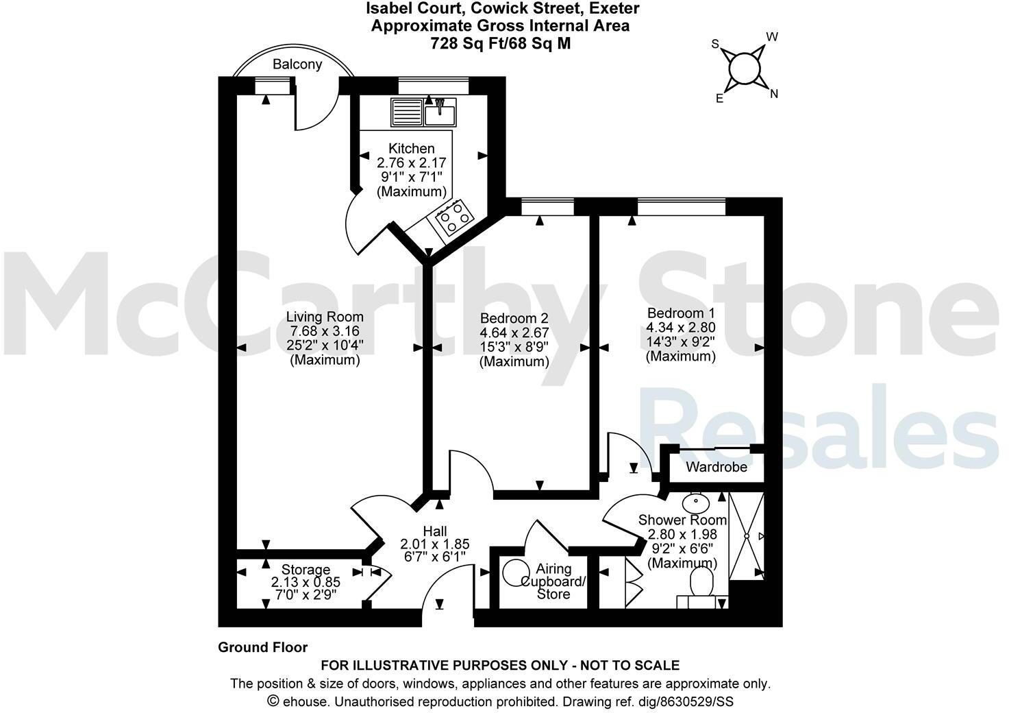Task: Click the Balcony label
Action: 297,64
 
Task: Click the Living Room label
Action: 325,317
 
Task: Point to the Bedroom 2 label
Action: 514,318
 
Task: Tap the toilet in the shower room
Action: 701,585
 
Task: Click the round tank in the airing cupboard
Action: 515,573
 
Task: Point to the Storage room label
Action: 306,570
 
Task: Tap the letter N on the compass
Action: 774,95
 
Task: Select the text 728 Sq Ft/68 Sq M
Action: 500,43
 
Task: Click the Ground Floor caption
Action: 262,647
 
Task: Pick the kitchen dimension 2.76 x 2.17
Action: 411,163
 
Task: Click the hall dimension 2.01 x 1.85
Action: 435,545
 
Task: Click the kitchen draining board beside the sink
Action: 407,112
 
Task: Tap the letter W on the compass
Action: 771,37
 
